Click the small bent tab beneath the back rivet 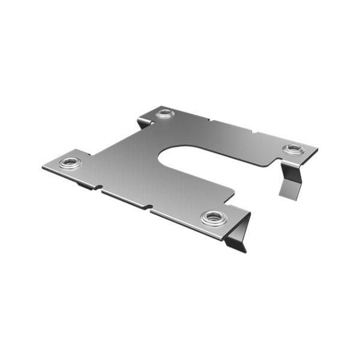pyautogui.click(x=142, y=123)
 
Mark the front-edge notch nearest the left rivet pyautogui.click(x=100, y=190)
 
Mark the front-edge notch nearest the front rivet pyautogui.click(x=148, y=209)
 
